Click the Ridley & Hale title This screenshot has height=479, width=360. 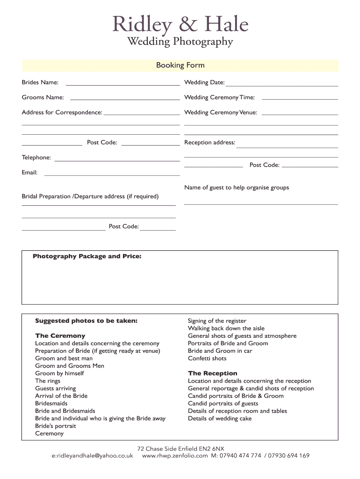click(x=180, y=24)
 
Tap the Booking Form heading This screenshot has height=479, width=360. click(x=180, y=65)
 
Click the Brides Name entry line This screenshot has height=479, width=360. click(x=122, y=84)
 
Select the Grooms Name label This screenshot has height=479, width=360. click(x=43, y=97)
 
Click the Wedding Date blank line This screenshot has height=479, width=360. click(x=281, y=85)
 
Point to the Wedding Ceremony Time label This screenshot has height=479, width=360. click(x=219, y=97)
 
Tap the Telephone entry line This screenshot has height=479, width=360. click(x=117, y=160)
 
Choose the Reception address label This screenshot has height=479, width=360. click(x=209, y=143)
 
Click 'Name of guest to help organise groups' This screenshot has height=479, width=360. click(x=237, y=188)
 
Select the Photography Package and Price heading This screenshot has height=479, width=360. click(x=87, y=256)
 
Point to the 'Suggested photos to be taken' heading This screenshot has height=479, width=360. click(x=86, y=321)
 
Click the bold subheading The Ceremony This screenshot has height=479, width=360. click(x=60, y=336)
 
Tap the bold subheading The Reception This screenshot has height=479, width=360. click(x=212, y=373)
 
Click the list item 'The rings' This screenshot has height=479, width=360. click(x=48, y=381)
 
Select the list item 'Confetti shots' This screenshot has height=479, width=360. click(x=207, y=358)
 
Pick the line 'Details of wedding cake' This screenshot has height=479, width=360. click(x=220, y=418)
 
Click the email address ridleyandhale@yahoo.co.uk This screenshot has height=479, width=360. click(x=92, y=456)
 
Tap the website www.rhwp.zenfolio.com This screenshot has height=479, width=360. click(x=174, y=456)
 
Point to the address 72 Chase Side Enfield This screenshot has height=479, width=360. click(x=180, y=448)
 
